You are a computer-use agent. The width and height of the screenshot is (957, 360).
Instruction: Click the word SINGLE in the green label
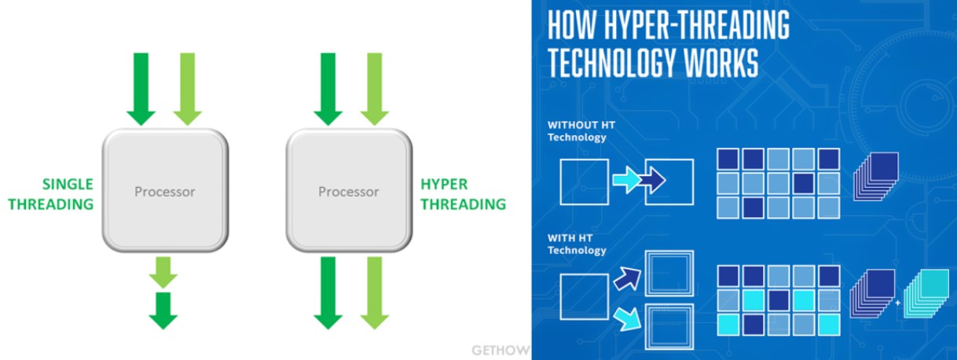click(68, 185)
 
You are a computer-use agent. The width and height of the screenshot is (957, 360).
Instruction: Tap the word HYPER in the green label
click(444, 185)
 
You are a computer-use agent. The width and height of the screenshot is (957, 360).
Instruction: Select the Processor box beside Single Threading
click(165, 191)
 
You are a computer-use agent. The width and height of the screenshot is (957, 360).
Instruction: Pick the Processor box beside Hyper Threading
click(348, 191)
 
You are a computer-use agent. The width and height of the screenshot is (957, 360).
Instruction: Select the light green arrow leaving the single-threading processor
click(163, 271)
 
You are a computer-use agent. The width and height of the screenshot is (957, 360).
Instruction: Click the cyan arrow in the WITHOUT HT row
click(626, 182)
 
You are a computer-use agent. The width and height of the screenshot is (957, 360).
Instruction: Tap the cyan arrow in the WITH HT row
click(628, 317)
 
